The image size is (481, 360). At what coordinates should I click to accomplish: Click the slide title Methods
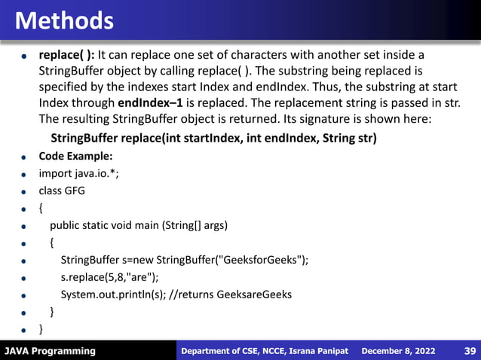[x=64, y=20]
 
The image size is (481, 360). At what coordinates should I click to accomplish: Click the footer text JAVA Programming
[x=50, y=351]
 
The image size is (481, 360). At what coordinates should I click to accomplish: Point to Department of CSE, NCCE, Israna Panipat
[x=265, y=351]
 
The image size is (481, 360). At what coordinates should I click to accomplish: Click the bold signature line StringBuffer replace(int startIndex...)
[x=213, y=139]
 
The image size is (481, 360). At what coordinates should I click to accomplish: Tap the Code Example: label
[x=75, y=156]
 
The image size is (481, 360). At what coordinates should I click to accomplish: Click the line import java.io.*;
[x=79, y=173]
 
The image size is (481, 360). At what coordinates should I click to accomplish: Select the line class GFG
[x=62, y=191]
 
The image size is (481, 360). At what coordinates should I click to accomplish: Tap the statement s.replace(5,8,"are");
[x=110, y=277]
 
